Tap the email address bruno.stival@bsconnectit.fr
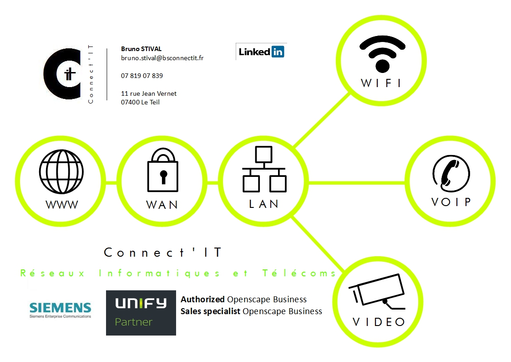162,58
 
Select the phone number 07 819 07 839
142,76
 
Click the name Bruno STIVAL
141,49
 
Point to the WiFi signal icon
382,54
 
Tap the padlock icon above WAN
162,171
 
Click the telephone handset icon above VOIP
450,172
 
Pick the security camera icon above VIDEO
377,292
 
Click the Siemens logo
60,309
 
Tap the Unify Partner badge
141,313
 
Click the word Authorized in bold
202,300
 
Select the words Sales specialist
211,311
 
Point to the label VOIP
450,202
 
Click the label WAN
162,205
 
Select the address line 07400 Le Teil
140,102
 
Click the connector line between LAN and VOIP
357,183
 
